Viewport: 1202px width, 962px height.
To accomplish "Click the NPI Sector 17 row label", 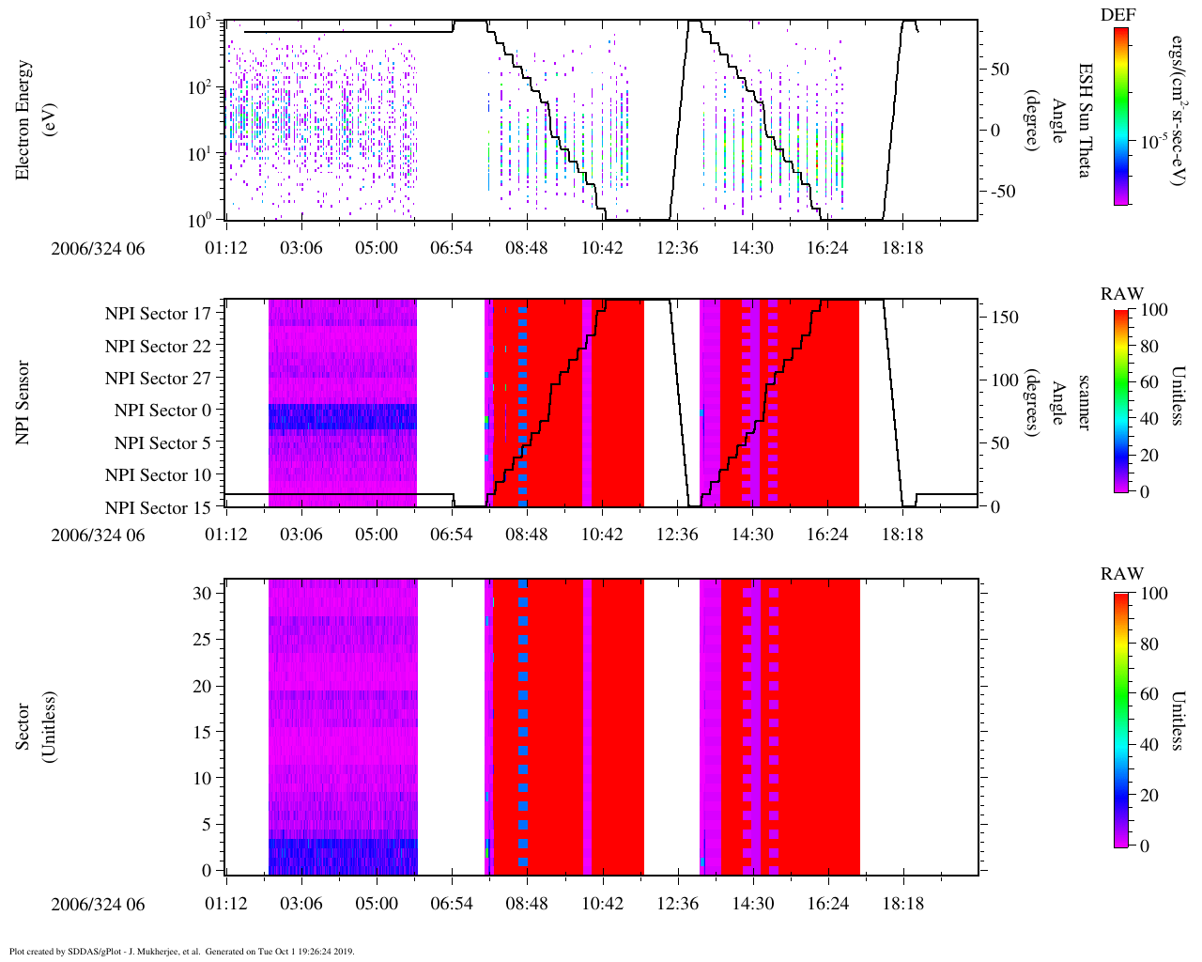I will pyautogui.click(x=158, y=314).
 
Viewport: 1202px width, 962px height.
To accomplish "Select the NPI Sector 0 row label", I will pyautogui.click(x=162, y=411).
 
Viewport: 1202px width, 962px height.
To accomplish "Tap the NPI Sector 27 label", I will pyautogui.click(x=158, y=379).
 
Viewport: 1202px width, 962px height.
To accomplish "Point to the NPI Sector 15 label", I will pyautogui.click(x=158, y=508).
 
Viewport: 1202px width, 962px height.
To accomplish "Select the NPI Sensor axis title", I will pyautogui.click(x=23, y=402).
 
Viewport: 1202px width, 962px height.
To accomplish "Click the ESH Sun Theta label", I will pyautogui.click(x=1085, y=120).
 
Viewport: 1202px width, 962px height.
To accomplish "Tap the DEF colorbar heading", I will pyautogui.click(x=1117, y=14).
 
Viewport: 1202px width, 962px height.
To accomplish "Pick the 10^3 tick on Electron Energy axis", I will pyautogui.click(x=204, y=23).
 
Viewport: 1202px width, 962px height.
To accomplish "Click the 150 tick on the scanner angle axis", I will pyautogui.click(x=1006, y=318).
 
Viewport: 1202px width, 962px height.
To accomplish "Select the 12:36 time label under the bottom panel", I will pyautogui.click(x=677, y=904).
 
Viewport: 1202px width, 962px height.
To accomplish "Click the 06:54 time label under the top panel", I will pyautogui.click(x=452, y=248).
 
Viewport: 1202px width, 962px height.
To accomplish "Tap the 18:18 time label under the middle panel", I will pyautogui.click(x=902, y=535).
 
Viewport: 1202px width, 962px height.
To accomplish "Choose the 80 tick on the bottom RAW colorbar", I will pyautogui.click(x=1148, y=644).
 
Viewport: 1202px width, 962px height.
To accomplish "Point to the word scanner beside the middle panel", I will pyautogui.click(x=1085, y=402).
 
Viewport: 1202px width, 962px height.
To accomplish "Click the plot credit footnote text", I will pyautogui.click(x=182, y=951).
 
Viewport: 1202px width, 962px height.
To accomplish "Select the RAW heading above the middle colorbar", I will pyautogui.click(x=1122, y=294).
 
